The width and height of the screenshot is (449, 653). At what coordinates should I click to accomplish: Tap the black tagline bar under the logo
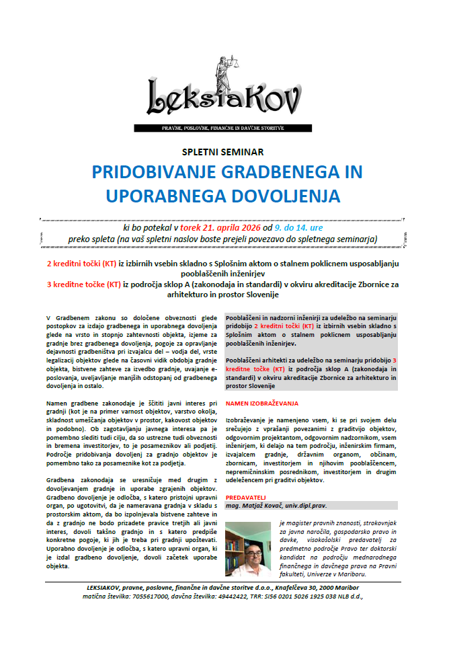223,127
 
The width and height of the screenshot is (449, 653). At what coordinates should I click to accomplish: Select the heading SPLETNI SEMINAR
222,151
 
